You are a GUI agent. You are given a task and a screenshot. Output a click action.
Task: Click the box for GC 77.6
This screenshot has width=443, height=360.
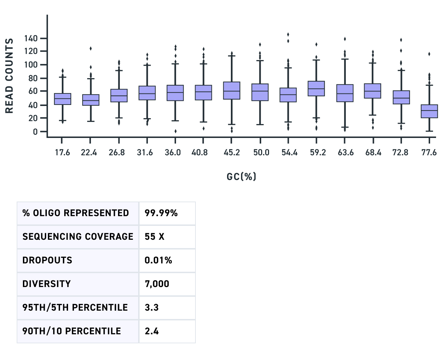[x=429, y=111]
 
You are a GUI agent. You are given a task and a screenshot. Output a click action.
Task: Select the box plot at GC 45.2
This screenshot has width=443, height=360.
[x=232, y=91]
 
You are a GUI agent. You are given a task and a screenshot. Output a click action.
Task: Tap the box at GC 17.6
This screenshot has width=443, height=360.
[x=62, y=99]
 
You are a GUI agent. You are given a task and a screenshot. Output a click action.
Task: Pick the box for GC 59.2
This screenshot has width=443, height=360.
[x=316, y=89]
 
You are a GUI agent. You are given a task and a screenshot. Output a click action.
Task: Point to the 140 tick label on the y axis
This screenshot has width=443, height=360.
[x=31, y=38]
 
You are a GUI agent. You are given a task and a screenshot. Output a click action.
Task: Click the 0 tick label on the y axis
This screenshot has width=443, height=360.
[x=35, y=132]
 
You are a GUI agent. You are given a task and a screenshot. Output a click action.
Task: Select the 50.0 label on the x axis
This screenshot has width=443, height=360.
[x=260, y=153]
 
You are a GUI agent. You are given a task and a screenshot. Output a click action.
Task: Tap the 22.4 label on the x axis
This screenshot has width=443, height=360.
[x=89, y=153]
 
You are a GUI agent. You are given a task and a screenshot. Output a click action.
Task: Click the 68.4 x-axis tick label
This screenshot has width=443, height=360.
[x=373, y=153]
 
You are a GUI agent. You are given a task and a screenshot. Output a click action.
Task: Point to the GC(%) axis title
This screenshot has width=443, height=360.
[x=242, y=177]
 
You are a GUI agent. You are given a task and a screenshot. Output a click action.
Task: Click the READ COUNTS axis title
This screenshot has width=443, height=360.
[x=9, y=76]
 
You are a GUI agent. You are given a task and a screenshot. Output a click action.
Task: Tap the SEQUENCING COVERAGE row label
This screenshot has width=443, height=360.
[x=78, y=237]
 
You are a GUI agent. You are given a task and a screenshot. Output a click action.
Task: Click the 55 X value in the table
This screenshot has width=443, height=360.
[x=154, y=237]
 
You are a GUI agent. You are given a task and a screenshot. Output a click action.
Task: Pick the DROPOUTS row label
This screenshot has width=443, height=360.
[x=47, y=260]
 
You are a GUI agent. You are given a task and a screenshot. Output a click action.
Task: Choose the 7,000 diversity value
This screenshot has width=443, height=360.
[x=157, y=284]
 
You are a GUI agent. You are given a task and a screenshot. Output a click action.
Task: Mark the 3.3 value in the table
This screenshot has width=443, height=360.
[x=152, y=308]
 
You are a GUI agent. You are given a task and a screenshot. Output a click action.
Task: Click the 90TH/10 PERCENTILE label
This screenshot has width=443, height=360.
[x=72, y=331]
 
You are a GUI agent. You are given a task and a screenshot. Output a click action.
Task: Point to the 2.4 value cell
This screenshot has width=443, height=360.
[x=152, y=331]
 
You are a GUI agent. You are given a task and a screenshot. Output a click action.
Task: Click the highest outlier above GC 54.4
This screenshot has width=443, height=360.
[x=288, y=34]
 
